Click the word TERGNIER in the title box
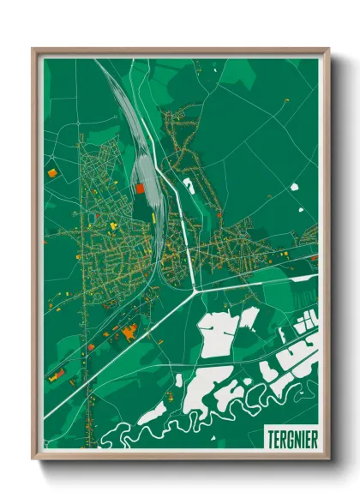click(x=291, y=436)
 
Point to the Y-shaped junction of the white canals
click(x=196, y=291)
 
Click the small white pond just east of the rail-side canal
click(x=187, y=182)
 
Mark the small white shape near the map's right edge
click(x=295, y=186)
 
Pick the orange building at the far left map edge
click(x=51, y=174)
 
